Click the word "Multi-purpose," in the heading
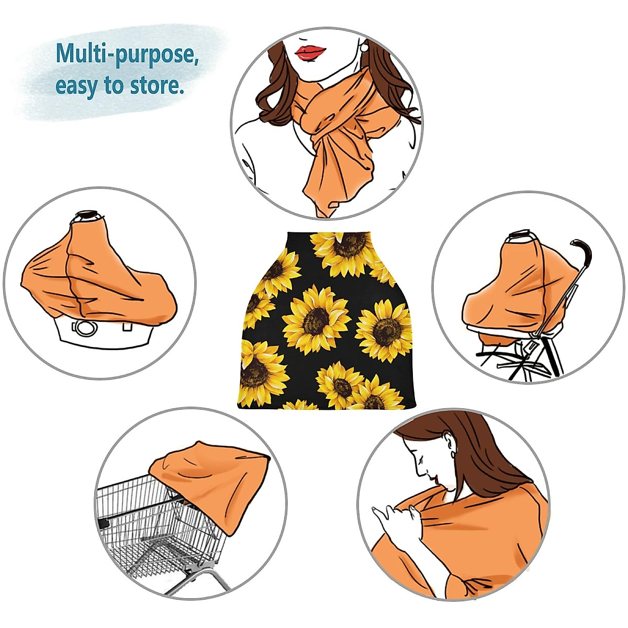pos(127,54)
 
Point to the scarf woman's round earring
pos(364,48)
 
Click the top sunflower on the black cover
pos(345,251)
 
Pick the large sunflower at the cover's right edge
pos(385,331)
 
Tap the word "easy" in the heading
pos(76,85)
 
